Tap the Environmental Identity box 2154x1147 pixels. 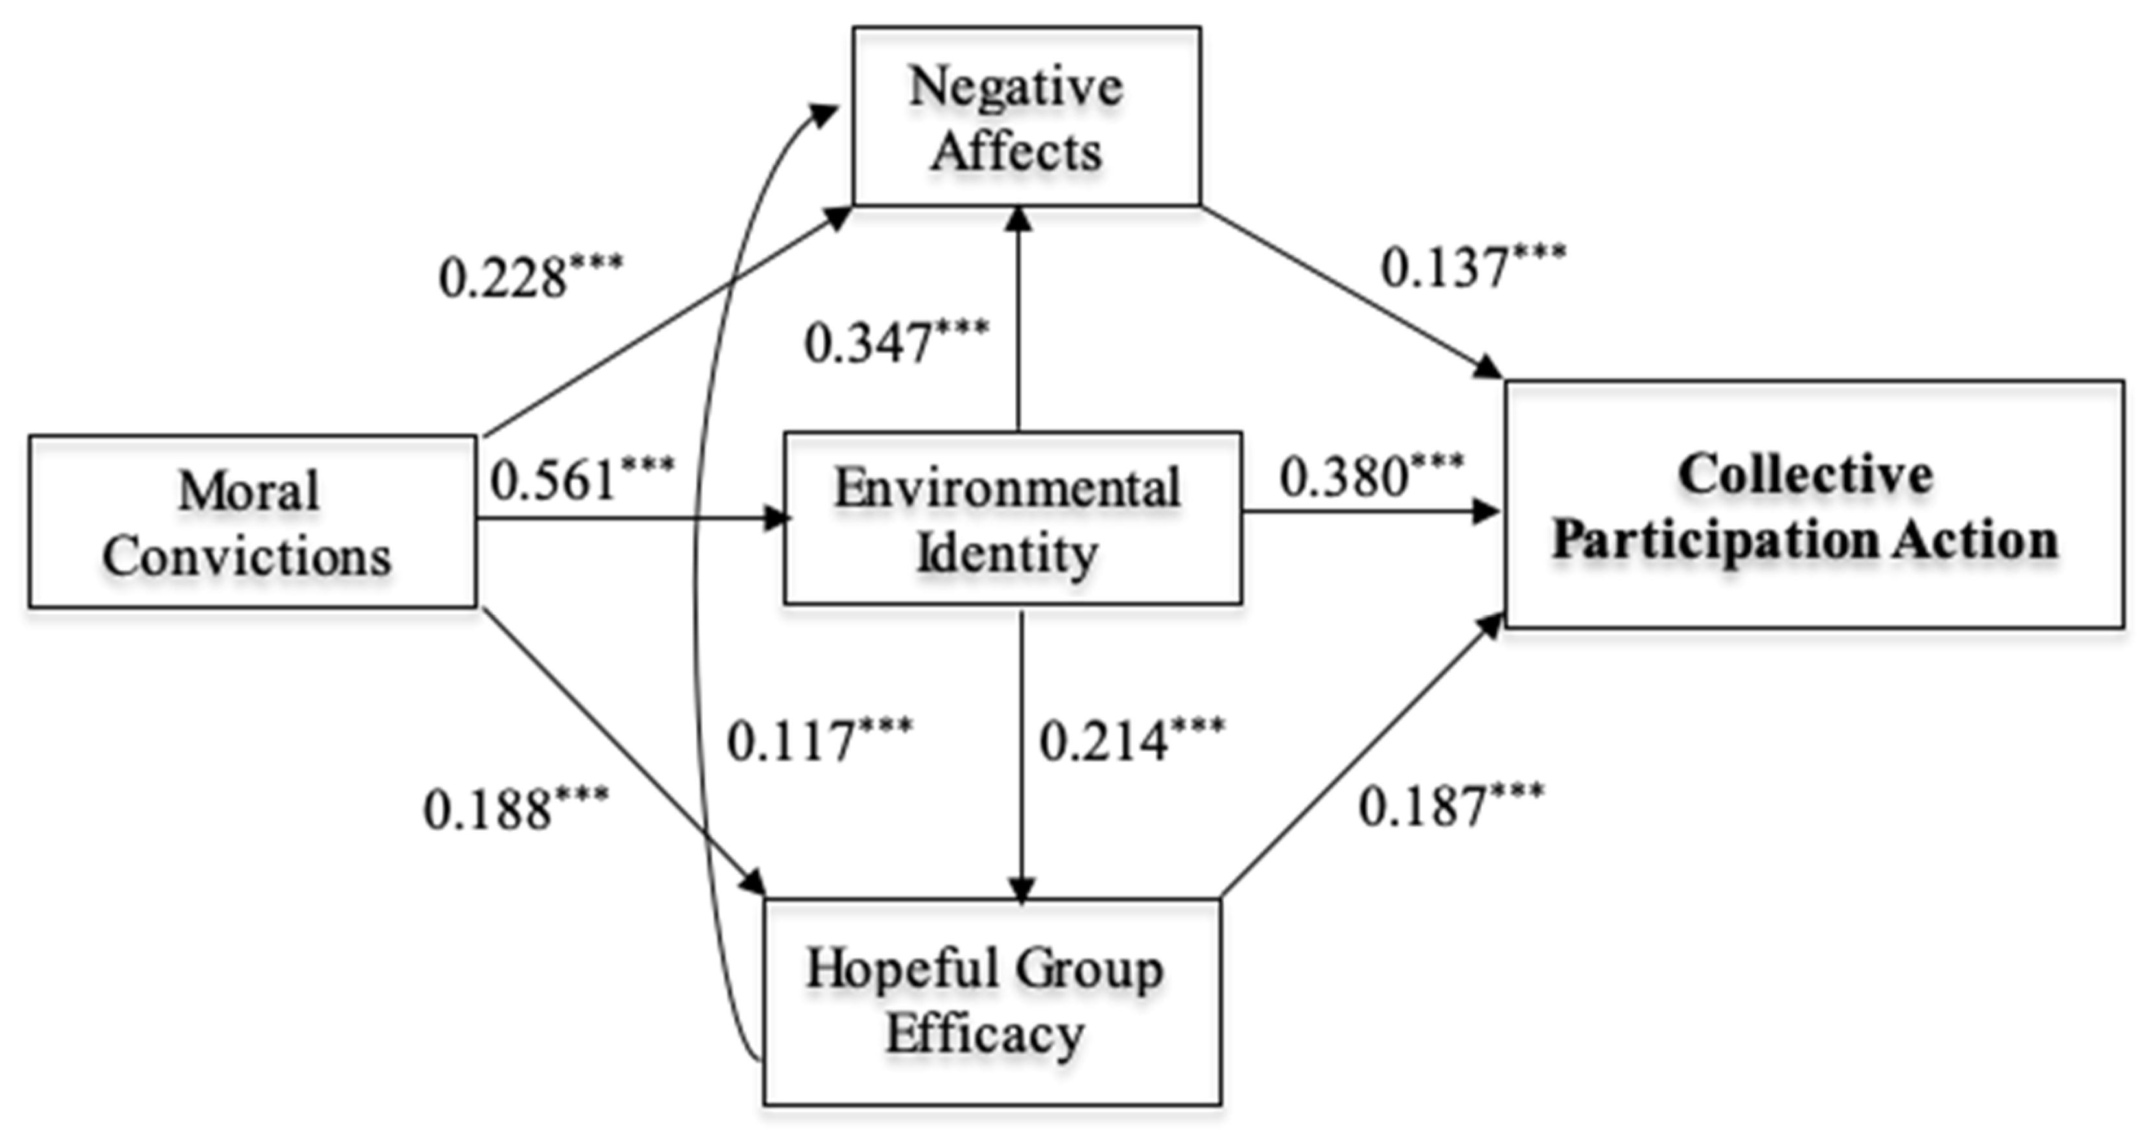coord(1012,518)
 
